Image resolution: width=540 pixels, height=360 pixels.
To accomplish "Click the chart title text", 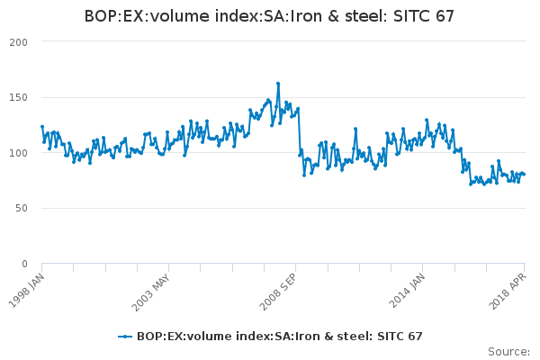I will [x=269, y=16].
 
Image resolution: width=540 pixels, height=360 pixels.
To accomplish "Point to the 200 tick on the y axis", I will [x=17, y=42].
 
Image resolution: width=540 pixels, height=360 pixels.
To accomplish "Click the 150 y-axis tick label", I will [x=17, y=97].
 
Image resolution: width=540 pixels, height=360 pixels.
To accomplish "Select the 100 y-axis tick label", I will [x=17, y=153].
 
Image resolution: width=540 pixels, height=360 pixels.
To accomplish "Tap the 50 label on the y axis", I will [x=20, y=208].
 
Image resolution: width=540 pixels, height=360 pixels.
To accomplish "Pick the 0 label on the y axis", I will [x=23, y=264].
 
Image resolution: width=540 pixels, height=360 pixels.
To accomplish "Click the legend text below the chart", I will [x=279, y=336].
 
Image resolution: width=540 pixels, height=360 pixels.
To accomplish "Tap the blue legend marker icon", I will [x=126, y=336].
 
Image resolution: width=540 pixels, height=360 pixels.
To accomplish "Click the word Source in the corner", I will [x=508, y=351].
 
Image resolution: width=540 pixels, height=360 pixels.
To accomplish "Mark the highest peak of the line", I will [x=278, y=84].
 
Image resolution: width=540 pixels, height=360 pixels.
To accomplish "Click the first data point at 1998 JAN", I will [x=42, y=127].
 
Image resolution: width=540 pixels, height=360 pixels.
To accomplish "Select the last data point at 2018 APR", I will [x=524, y=174].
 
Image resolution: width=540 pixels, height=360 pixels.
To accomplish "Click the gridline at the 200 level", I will [x=270, y=42].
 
